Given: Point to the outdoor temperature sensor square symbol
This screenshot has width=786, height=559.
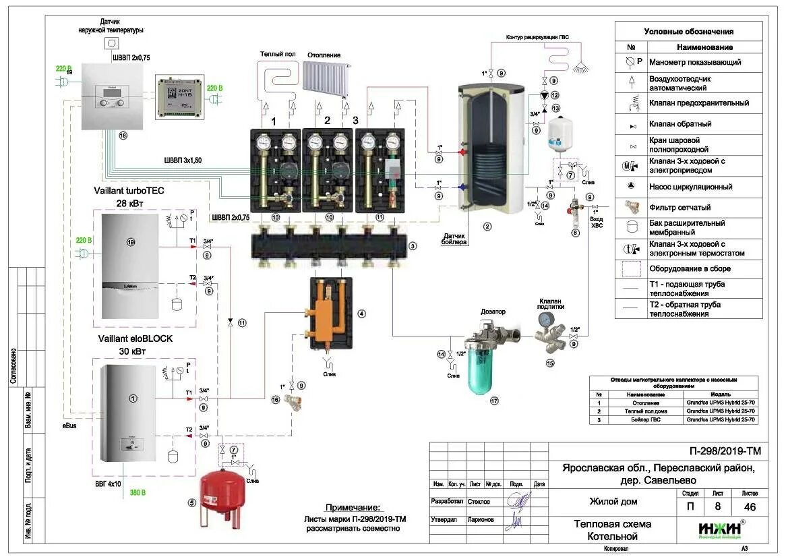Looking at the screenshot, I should pyautogui.click(x=112, y=44).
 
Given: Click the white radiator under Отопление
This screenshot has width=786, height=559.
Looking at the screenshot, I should pyautogui.click(x=326, y=78).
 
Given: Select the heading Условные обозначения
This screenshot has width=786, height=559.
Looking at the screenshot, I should pyautogui.click(x=688, y=31).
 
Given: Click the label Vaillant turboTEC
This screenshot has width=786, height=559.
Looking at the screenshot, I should pyautogui.click(x=130, y=191).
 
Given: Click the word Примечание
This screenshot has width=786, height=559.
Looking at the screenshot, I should pyautogui.click(x=352, y=508).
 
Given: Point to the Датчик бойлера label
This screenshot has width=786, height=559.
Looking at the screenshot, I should pyautogui.click(x=454, y=238).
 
